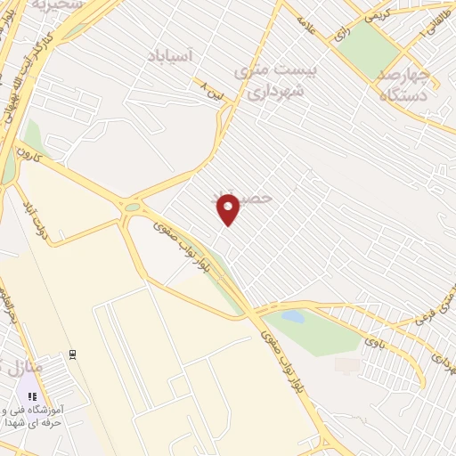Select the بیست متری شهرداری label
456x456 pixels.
tap(268, 79)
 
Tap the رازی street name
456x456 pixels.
tap(341, 34)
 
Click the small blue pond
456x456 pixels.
tap(292, 316)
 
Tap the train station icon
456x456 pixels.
tap(72, 354)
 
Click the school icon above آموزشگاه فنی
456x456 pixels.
tap(32, 395)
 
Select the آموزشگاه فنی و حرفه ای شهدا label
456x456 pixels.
tap(45, 416)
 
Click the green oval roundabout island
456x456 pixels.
tap(133, 208)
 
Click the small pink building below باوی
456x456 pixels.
tap(348, 365)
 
